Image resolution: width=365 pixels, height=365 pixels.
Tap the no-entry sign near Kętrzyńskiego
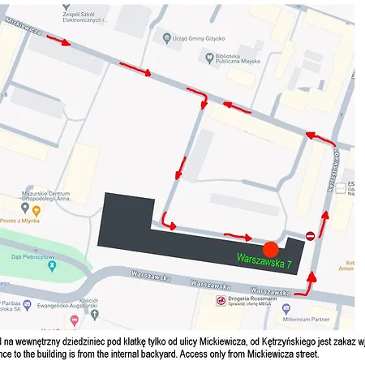pos(310,236)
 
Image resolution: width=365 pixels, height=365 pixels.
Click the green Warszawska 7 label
pos(264,261)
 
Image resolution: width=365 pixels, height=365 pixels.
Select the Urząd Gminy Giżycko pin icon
pos(166,37)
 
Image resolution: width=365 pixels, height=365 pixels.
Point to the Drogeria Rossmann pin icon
pos(221,300)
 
